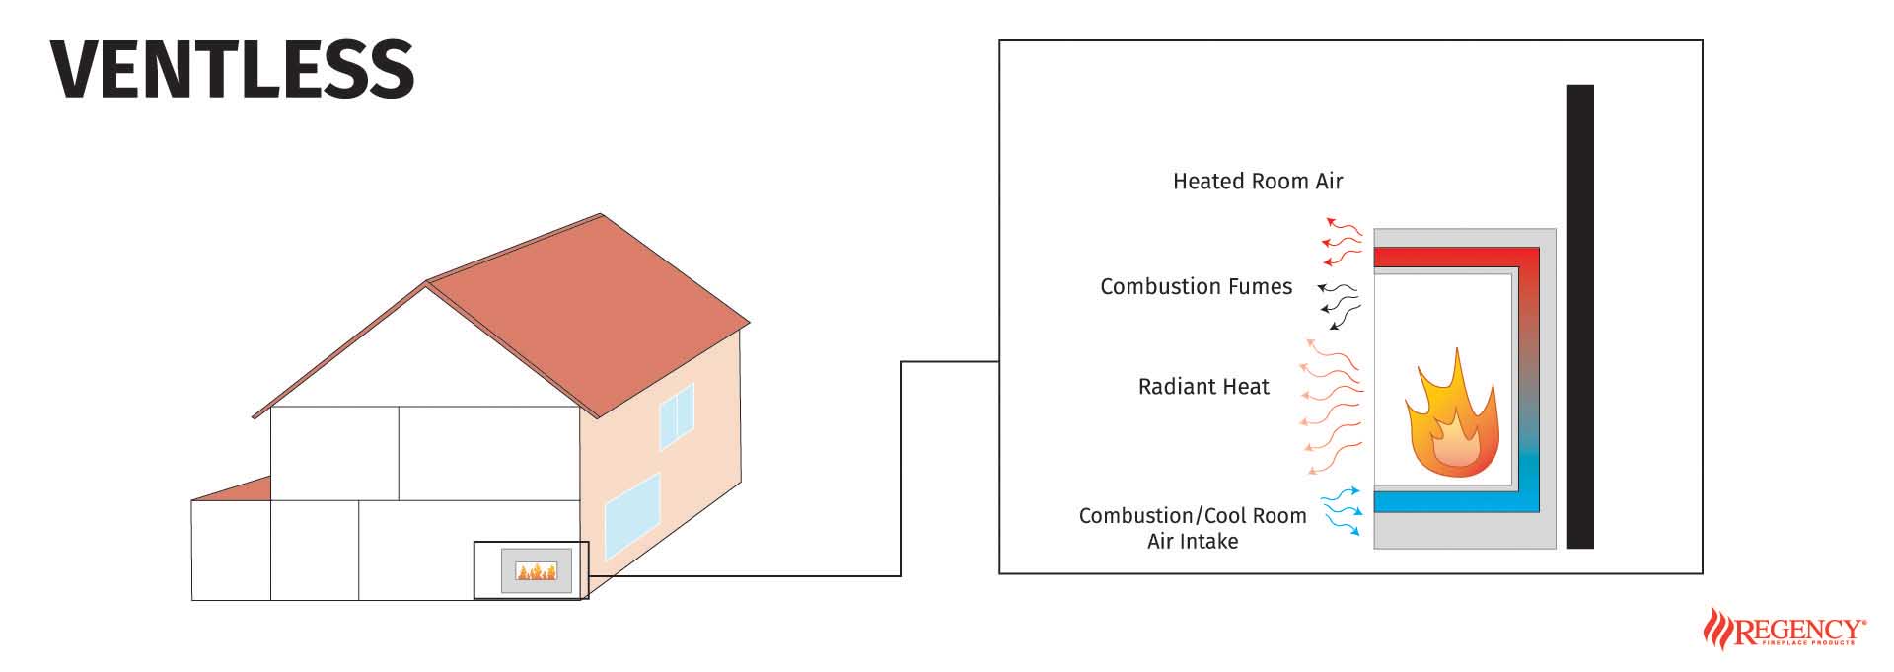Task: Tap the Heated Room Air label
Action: coord(1258,182)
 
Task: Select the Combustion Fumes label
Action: coord(1196,287)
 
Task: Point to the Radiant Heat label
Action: coord(1203,387)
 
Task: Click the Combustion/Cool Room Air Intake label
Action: coord(1193,528)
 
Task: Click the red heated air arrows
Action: coord(1342,240)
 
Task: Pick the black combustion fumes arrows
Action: coord(1340,304)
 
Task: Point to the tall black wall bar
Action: coord(1580,316)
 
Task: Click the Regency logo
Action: coord(1784,630)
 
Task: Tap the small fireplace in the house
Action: coord(536,570)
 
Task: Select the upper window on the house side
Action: coord(677,414)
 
